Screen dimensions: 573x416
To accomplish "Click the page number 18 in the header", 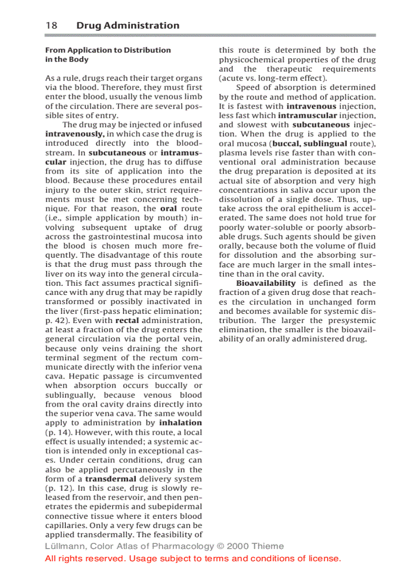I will click(x=51, y=26).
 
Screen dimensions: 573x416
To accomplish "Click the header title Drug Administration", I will click(x=127, y=26).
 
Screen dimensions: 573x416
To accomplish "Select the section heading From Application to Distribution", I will click(x=108, y=50).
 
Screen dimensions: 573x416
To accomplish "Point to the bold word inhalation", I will click(x=180, y=423).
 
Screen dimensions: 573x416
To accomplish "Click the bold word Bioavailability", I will click(x=266, y=283).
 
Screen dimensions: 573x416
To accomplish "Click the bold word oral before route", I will click(x=168, y=208).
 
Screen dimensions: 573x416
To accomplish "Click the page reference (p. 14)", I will click(x=58, y=432).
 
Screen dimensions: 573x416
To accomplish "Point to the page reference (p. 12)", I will click(x=58, y=488).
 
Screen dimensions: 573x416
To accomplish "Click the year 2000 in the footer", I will click(x=238, y=546).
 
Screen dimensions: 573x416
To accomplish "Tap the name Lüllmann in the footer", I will click(x=64, y=546).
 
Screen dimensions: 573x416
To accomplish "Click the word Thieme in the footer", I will click(x=267, y=546).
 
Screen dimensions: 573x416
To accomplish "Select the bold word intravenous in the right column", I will click(x=311, y=106).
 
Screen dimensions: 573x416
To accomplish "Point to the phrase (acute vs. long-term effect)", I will click(x=273, y=78).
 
